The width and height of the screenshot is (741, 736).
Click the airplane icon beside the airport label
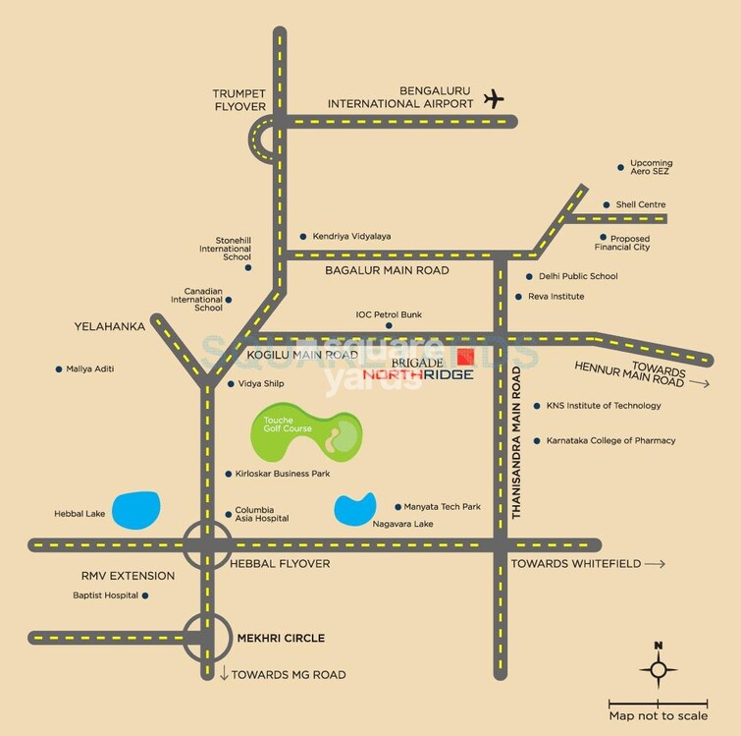pos(494,98)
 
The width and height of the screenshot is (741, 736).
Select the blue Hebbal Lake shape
pos(135,508)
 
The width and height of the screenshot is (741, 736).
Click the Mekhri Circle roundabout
pos(206,638)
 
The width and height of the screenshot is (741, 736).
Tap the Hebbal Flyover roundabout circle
pos(206,544)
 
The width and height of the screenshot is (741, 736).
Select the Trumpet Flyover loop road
pos(262,139)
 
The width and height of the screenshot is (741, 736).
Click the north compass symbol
pos(659,668)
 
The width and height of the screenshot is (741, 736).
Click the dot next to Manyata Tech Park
pos(397,507)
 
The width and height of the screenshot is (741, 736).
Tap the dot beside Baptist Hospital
pos(145,594)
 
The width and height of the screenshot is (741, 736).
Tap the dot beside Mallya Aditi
pos(58,368)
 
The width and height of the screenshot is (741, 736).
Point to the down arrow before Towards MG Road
pos(224,674)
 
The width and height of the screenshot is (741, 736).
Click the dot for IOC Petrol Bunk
pos(389,325)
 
